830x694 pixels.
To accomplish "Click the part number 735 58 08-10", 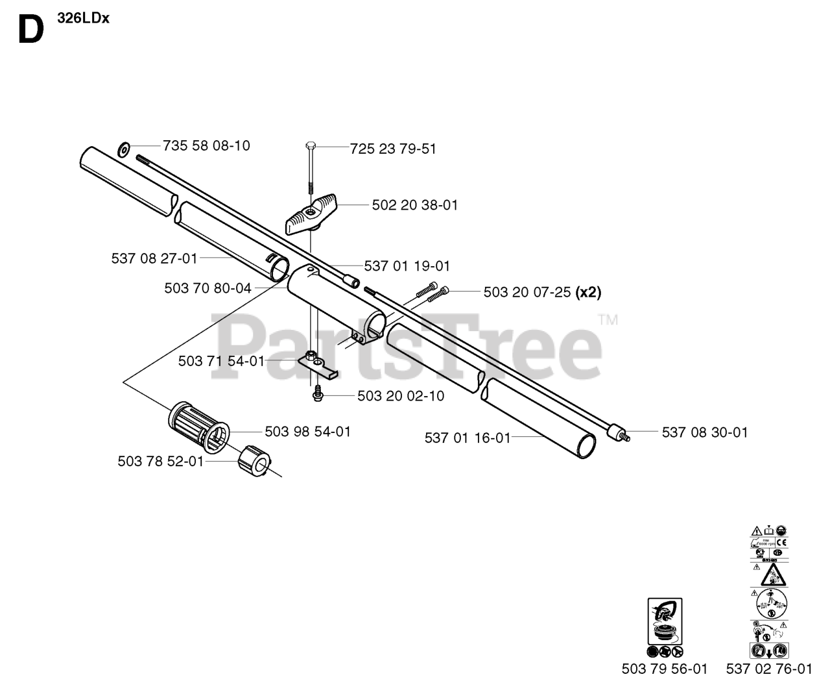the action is coord(206,145).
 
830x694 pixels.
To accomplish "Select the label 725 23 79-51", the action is coord(393,149).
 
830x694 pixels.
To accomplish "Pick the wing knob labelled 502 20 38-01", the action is coord(309,215).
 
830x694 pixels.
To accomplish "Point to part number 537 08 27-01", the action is coord(154,258).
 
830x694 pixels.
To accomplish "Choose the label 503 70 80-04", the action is coord(207,288).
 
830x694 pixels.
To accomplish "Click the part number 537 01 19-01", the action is coord(407,266).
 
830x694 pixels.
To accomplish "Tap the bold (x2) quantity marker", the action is coord(588,292).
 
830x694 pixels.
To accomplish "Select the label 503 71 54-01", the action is coord(221,361).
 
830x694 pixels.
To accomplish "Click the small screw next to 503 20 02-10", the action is coord(318,393).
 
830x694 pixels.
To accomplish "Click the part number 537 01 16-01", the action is coord(468,438).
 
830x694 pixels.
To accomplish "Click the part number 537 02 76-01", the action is coord(769,669).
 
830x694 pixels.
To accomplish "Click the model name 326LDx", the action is coord(83,18).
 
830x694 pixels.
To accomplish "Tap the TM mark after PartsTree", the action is coord(608,319).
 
